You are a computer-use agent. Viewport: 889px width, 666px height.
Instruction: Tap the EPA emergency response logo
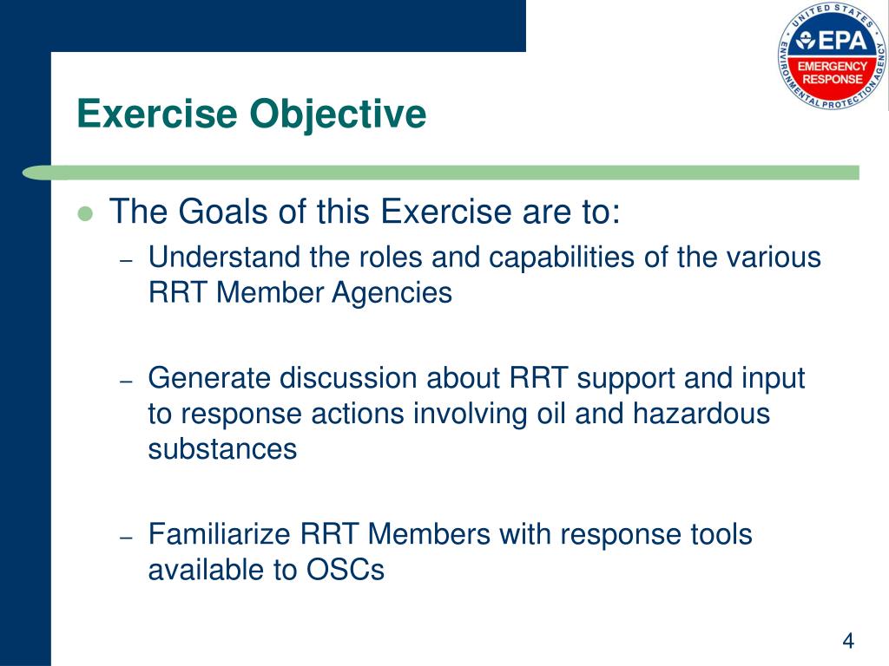point(832,56)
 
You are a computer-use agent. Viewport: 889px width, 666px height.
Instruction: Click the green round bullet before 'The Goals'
point(85,213)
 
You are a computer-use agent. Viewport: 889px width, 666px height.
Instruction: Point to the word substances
point(222,449)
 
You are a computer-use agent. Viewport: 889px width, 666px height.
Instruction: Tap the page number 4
point(848,641)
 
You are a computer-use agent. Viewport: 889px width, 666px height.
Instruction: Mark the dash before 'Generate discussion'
point(126,382)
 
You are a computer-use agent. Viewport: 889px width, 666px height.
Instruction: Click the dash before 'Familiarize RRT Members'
point(126,538)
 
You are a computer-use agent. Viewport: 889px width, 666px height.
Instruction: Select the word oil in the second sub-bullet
point(552,414)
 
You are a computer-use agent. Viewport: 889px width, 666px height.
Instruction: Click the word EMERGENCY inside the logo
point(832,66)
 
